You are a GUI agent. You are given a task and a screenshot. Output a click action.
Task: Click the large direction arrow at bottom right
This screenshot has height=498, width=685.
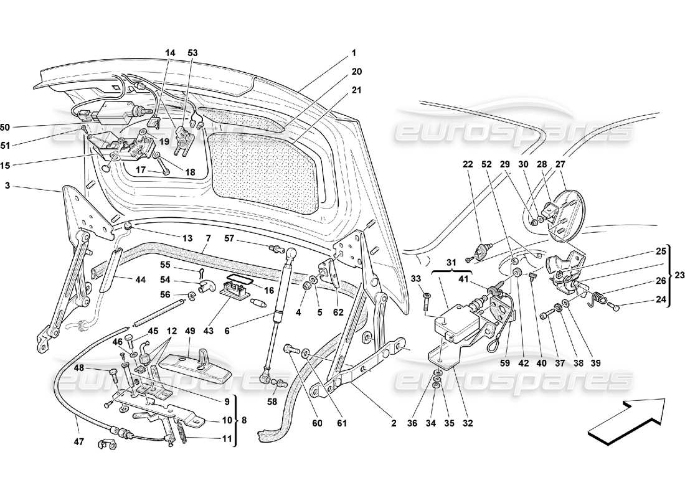[626, 421]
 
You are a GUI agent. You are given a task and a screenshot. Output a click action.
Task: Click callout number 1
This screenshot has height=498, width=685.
[354, 54]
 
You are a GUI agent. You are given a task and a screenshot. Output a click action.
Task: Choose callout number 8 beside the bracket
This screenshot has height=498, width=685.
[244, 420]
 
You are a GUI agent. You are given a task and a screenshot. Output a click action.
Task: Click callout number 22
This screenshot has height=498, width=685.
[468, 164]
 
